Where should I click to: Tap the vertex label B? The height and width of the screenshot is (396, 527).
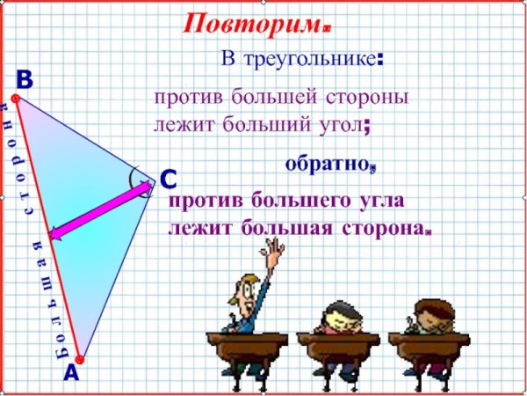(x=24, y=80)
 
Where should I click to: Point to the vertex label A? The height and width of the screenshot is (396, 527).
(x=70, y=373)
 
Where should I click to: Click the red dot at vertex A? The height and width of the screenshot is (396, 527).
(x=79, y=358)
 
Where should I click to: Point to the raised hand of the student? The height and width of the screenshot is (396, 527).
(x=278, y=254)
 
